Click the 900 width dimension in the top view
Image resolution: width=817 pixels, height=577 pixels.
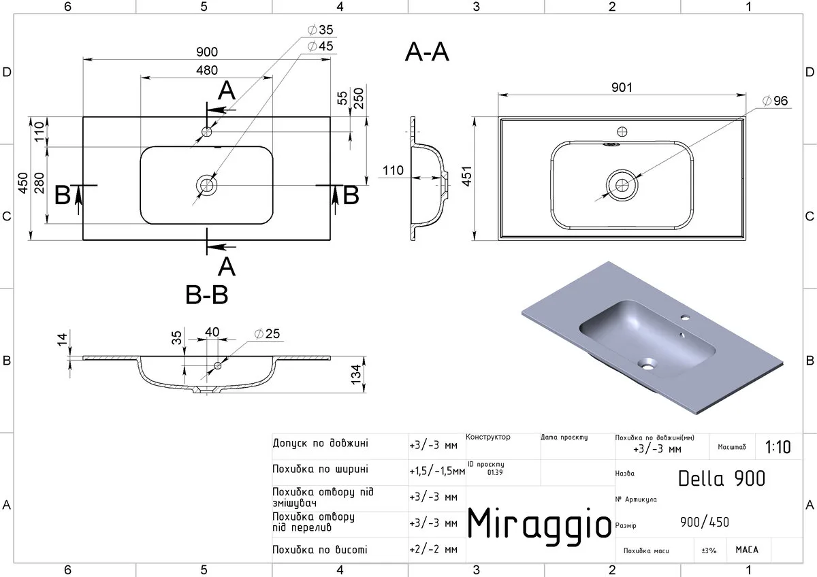(207, 52)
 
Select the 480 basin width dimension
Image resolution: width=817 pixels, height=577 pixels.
(207, 70)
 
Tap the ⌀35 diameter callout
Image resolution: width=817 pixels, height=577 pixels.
(320, 29)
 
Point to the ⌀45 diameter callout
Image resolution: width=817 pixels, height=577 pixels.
(320, 46)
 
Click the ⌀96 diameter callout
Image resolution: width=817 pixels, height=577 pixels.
(775, 101)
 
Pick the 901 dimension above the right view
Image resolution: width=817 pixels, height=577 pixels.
(622, 87)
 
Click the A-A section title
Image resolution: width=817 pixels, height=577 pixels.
(427, 52)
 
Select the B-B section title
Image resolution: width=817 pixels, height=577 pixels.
(207, 295)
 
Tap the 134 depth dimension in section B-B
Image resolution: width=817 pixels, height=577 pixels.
(355, 374)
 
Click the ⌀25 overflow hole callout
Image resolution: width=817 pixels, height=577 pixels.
(267, 333)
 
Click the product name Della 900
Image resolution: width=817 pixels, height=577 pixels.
(722, 478)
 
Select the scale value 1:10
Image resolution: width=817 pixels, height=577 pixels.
(778, 447)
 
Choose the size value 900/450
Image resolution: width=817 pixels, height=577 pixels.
(704, 523)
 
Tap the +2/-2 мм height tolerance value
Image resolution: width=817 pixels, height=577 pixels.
(433, 549)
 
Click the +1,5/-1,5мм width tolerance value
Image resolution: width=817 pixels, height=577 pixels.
(437, 471)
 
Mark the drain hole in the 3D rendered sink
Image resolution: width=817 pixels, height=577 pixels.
(647, 363)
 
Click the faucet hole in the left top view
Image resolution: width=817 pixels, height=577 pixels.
(206, 131)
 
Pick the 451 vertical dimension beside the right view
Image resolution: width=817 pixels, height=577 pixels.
(467, 176)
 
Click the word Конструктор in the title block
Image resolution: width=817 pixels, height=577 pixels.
(488, 437)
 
